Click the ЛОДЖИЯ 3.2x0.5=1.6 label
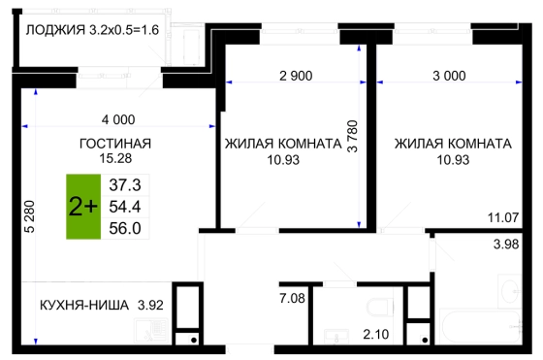click(92, 30)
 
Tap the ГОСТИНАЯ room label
click(115, 144)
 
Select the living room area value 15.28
click(115, 158)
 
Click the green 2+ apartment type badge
click(83, 207)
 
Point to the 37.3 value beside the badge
click(125, 185)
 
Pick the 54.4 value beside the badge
click(125, 207)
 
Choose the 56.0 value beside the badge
click(125, 228)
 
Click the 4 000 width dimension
click(118, 120)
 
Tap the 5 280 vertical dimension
click(30, 216)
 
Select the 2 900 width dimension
click(296, 76)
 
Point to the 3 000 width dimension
click(449, 76)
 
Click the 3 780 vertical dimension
click(353, 136)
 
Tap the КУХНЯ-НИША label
click(84, 306)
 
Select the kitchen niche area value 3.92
click(150, 306)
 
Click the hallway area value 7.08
click(292, 298)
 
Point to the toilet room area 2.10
click(376, 335)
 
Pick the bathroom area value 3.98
click(506, 245)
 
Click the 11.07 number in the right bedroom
click(503, 218)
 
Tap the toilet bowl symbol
click(380, 307)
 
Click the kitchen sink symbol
click(151, 331)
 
